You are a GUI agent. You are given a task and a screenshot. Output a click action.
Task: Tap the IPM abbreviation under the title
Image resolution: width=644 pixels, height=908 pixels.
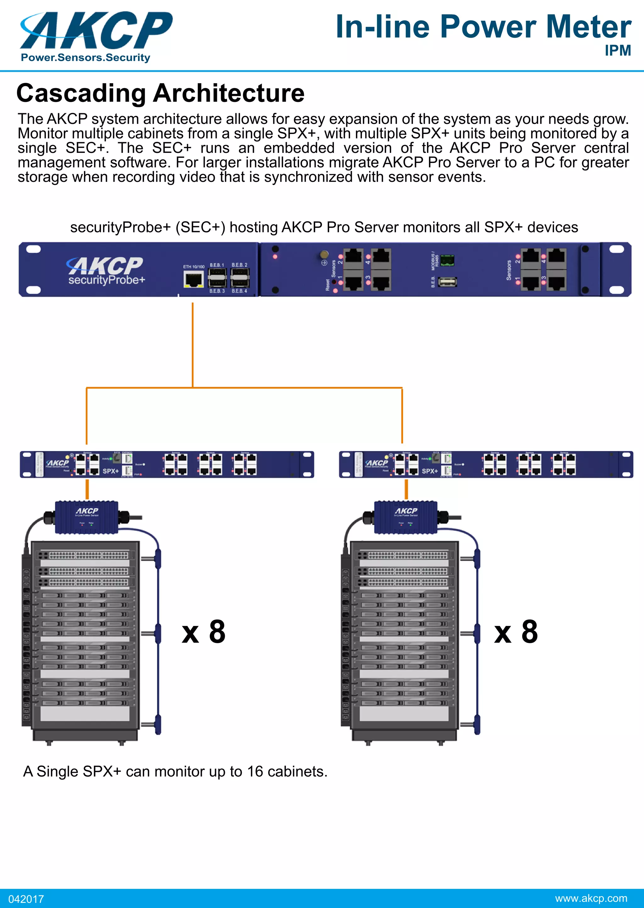[x=618, y=51]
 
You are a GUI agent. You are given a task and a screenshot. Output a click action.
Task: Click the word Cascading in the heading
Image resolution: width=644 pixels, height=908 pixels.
[x=81, y=94]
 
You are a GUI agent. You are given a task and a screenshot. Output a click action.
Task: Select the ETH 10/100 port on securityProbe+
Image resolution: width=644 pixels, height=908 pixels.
[x=193, y=279]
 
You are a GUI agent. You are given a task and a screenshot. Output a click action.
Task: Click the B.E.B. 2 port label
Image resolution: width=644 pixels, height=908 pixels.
[x=240, y=265]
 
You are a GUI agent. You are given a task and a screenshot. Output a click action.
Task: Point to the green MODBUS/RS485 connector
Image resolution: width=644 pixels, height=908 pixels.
[x=447, y=260]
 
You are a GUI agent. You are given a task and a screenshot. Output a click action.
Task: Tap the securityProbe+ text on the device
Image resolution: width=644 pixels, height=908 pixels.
[x=107, y=280]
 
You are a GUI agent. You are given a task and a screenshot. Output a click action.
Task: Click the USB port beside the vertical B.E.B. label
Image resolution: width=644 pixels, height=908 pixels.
[x=448, y=282]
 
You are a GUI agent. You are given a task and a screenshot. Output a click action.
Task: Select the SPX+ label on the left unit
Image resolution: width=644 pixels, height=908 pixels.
[x=111, y=471]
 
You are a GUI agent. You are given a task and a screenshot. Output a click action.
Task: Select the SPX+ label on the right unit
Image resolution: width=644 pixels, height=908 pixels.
[x=430, y=471]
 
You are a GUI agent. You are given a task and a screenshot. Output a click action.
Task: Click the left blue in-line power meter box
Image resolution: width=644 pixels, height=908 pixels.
[x=86, y=517]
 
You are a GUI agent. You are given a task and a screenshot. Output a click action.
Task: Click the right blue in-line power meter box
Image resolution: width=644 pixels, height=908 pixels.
[x=406, y=517]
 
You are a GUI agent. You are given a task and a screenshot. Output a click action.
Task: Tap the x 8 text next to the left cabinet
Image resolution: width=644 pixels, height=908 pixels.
[x=203, y=632]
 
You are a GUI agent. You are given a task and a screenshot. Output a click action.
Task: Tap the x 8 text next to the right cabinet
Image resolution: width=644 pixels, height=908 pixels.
[x=516, y=632]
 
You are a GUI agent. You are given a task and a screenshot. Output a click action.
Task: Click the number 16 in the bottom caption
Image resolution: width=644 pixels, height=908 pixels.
[x=255, y=772]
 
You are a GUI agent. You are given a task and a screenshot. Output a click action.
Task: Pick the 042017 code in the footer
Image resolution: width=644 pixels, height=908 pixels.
[x=26, y=899]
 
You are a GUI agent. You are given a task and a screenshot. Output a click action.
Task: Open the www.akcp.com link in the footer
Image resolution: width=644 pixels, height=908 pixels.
[x=591, y=898]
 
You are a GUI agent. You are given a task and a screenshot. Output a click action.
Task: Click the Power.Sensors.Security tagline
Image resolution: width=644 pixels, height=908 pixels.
[x=86, y=58]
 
